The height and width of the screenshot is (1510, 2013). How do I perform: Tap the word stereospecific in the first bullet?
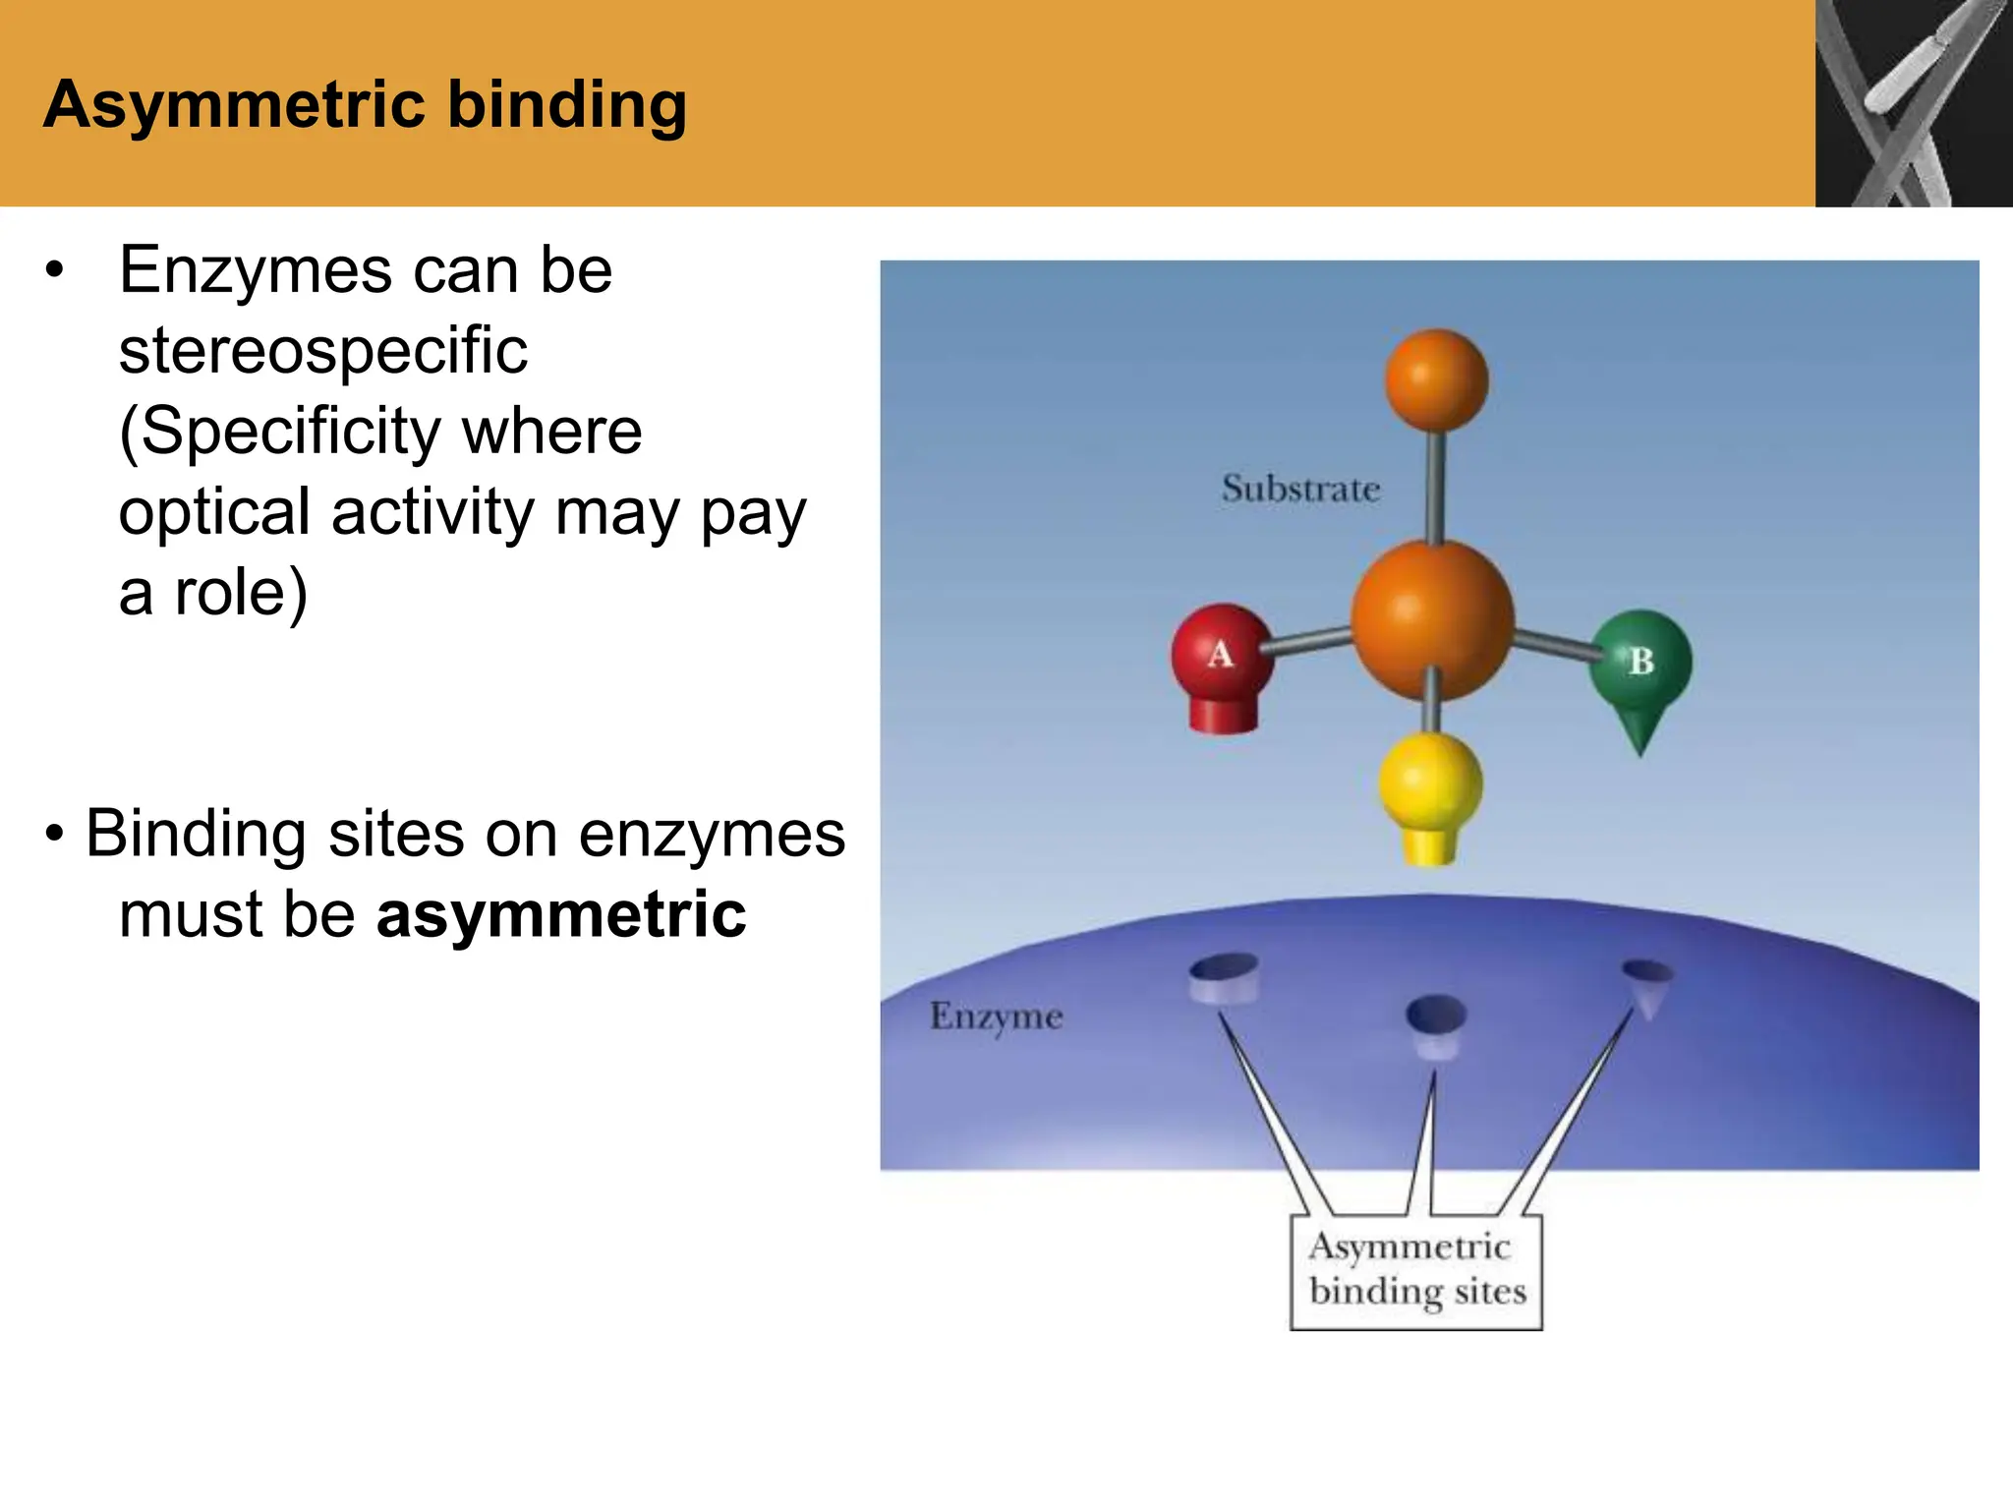click(323, 351)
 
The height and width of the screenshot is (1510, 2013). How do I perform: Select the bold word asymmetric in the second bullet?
click(561, 914)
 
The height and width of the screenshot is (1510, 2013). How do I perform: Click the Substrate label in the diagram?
click(1300, 489)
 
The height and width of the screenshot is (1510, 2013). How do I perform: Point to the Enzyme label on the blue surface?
click(996, 1016)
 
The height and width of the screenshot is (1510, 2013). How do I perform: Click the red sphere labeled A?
click(1221, 652)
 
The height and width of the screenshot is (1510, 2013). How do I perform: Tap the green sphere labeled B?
click(1640, 660)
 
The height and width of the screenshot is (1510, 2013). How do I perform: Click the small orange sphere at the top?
click(1436, 380)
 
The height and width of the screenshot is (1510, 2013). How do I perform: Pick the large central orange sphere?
click(1432, 619)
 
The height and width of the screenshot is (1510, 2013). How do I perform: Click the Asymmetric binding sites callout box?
click(1416, 1271)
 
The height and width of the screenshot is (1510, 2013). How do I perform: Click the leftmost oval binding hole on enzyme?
click(1224, 976)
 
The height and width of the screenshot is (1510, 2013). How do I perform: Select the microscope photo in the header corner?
click(1913, 103)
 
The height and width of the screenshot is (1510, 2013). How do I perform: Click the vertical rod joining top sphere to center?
click(1435, 487)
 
